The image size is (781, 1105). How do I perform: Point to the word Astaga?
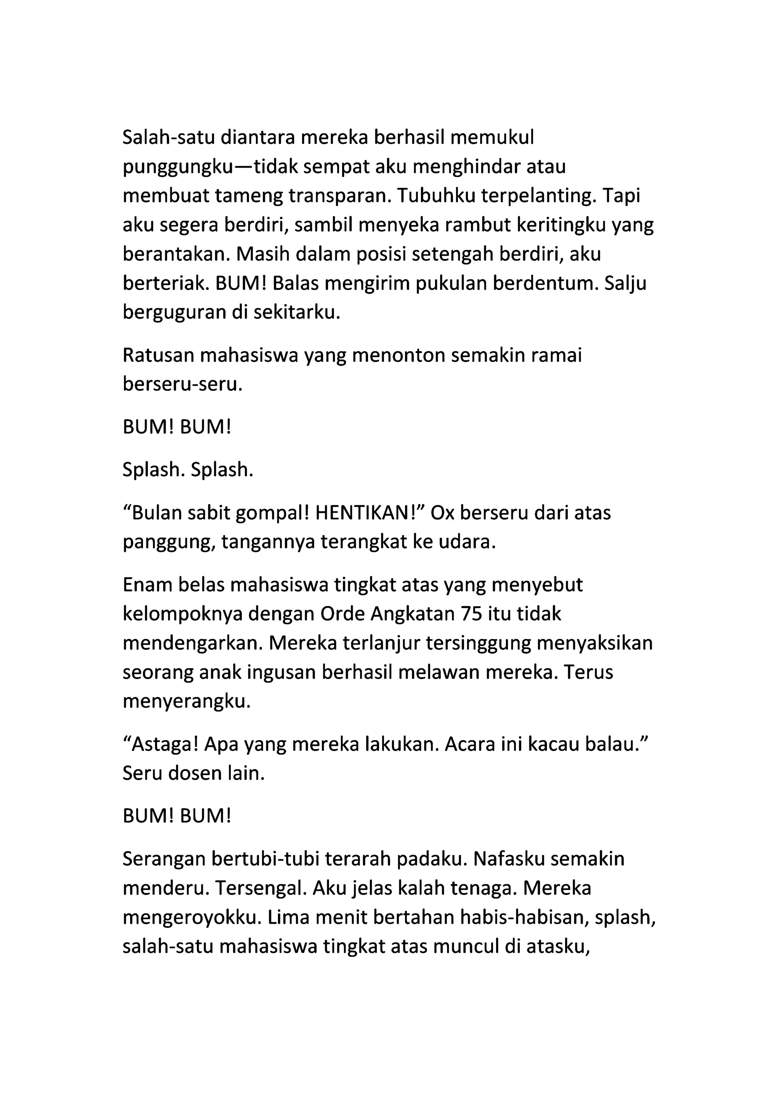click(164, 744)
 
